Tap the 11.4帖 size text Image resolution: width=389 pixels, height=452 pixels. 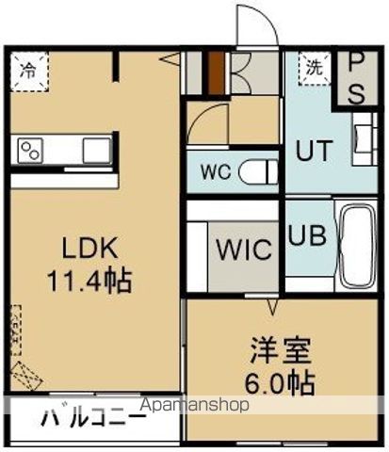(91, 280)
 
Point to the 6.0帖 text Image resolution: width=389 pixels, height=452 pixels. (281, 383)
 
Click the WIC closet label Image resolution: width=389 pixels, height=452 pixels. (245, 250)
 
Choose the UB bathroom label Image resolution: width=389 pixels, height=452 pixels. (308, 235)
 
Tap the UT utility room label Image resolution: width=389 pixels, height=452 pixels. (315, 150)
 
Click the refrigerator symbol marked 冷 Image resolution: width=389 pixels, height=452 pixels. (29, 69)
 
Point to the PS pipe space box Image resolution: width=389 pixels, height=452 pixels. (357, 78)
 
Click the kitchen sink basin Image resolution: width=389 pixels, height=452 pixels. (97, 150)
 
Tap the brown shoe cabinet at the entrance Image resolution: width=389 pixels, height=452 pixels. (216, 73)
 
